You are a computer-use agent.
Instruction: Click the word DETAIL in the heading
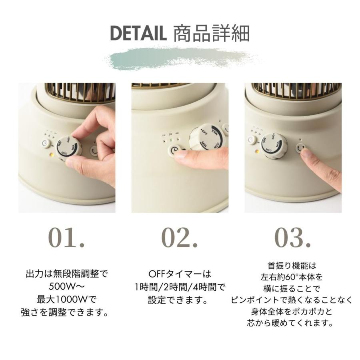pos(138,34)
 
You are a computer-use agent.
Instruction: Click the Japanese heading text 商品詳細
pos(212,34)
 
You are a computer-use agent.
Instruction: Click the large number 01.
pos(66,238)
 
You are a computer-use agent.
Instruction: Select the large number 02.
pos(180,238)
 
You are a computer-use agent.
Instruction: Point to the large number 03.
pos(293,238)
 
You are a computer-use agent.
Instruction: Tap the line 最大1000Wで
pos(67,299)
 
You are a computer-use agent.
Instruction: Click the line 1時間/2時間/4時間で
pos(180,287)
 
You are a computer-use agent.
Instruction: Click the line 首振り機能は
pos(292,266)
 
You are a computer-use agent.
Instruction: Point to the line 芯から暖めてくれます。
pos(291,323)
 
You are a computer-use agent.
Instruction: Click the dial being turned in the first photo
pos(69,147)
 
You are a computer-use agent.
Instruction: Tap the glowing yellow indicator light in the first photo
pos(52,154)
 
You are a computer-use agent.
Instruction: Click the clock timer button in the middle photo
pos(175,150)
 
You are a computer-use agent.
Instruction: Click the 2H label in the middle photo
pos(170,134)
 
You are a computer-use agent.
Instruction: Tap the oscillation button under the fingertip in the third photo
pos(301,148)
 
